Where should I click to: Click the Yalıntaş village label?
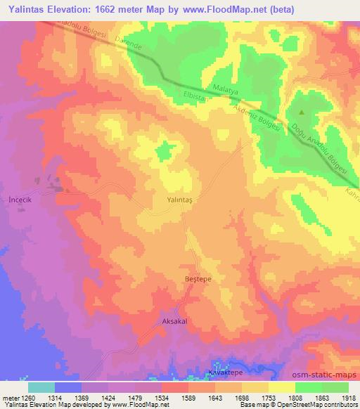point(181,200)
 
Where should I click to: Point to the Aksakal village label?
point(176,320)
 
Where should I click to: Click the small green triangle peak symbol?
point(302,112)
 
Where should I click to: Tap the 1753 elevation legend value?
point(269,396)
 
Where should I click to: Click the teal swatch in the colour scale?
point(41,387)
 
